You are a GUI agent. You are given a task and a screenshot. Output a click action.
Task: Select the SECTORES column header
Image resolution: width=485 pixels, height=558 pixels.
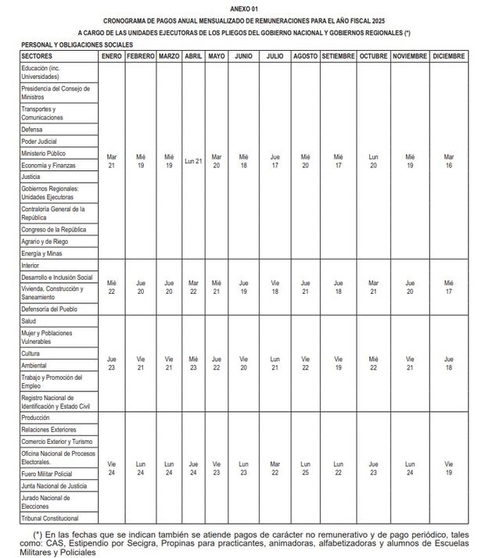point(37,56)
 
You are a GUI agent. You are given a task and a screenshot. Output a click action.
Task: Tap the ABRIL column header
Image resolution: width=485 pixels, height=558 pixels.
point(194,56)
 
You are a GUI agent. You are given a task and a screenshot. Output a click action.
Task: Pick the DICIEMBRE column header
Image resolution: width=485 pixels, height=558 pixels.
point(448,56)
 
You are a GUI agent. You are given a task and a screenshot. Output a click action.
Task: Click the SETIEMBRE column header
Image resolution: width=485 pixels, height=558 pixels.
point(338,56)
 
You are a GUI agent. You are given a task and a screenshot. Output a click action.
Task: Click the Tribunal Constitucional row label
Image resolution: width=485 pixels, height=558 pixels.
point(50,517)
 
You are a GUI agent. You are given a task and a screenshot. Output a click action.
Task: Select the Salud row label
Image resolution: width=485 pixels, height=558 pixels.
point(29,321)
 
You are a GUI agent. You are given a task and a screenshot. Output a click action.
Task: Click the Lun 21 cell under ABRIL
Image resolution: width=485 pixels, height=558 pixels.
point(194,161)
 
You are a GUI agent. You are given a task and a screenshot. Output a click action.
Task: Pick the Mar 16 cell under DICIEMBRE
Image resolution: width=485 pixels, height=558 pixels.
point(448,161)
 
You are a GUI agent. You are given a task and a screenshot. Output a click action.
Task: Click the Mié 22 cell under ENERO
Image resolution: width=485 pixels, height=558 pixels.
point(112,287)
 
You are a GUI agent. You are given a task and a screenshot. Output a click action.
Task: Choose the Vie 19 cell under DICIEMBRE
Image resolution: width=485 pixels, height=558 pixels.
point(448,468)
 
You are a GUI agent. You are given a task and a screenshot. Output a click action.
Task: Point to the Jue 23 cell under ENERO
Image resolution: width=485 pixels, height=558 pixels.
point(112,363)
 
